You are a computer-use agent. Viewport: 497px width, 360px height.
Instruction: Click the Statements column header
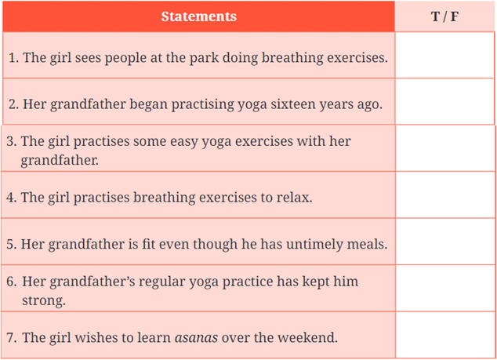click(x=199, y=16)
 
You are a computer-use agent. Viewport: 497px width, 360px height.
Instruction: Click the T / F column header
click(x=444, y=16)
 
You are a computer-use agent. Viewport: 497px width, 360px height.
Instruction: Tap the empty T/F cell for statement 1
click(x=444, y=55)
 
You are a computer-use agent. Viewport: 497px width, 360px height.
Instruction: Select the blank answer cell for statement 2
click(x=444, y=101)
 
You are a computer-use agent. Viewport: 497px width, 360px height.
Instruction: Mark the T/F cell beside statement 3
click(x=445, y=148)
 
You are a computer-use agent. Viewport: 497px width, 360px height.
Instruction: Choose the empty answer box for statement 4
click(x=445, y=195)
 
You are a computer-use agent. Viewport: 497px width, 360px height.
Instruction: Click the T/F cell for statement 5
click(x=445, y=242)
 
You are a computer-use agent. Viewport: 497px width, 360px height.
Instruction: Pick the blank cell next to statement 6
click(x=445, y=288)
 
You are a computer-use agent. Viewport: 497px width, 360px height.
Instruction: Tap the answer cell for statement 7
click(x=445, y=335)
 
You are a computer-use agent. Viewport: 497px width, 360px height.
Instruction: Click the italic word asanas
click(x=196, y=338)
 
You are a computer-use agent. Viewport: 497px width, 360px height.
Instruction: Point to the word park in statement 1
click(x=204, y=58)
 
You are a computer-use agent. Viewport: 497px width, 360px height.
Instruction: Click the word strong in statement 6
click(x=43, y=300)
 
